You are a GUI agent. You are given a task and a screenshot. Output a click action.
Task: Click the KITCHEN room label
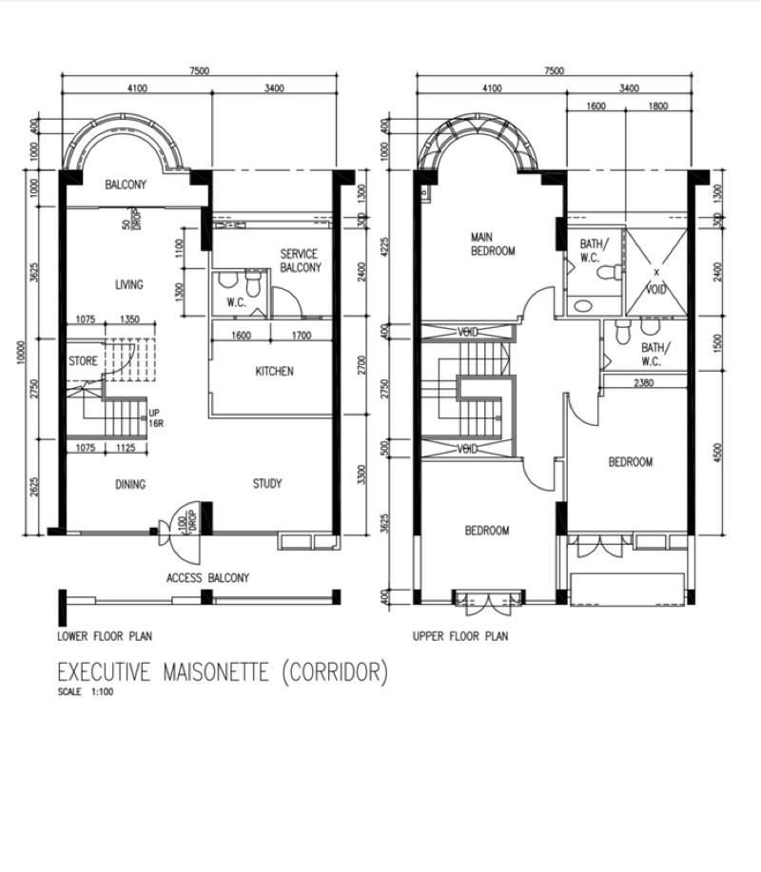coord(274,371)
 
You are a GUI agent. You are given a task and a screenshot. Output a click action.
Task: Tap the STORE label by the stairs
coord(83,361)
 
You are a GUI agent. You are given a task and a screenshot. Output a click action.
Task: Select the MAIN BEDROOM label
coord(493,244)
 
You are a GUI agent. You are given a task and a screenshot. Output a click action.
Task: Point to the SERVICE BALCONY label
coord(301,261)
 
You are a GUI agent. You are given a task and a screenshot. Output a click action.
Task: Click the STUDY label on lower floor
coord(267,483)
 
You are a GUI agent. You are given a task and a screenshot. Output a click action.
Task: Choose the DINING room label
coord(130,484)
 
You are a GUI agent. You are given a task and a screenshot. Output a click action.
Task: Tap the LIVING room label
coord(129,284)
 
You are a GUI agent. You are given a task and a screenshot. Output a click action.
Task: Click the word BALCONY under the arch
coord(126,184)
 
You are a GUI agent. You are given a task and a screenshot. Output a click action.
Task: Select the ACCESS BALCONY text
coord(208,578)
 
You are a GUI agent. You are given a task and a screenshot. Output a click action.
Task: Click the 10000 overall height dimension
coord(21,353)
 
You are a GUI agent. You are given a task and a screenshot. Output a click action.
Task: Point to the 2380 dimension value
coord(644,382)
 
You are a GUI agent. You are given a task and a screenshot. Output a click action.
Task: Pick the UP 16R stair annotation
coord(156,417)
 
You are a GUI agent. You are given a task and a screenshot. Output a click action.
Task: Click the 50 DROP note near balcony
coord(132,219)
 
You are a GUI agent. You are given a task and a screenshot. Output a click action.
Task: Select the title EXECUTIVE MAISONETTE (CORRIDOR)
coord(223,671)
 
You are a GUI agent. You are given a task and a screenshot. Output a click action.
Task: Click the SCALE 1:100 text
coord(86,692)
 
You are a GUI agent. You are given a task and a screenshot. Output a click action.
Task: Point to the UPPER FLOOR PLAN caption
coord(460,636)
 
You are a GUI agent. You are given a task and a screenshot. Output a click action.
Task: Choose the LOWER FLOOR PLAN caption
coord(105,636)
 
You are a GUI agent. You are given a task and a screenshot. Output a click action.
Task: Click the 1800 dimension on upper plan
coord(658,106)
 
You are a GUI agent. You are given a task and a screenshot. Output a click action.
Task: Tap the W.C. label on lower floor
coord(237,302)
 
